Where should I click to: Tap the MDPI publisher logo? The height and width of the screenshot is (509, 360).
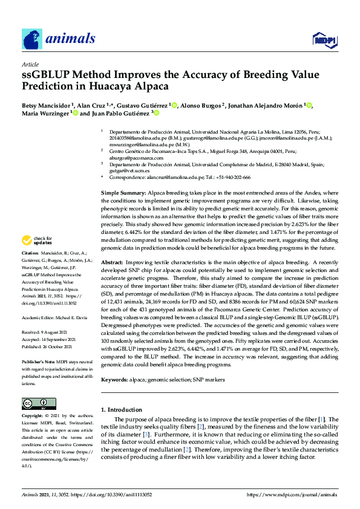[x=324, y=41]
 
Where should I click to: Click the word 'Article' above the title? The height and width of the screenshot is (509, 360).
[x=30, y=64]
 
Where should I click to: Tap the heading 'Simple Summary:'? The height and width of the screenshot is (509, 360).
[x=122, y=192]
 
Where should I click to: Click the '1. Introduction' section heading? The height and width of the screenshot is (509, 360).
[x=123, y=410]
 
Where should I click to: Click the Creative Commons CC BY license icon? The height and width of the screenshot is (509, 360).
[x=36, y=404]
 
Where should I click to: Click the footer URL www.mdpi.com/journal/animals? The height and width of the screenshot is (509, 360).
[x=291, y=494]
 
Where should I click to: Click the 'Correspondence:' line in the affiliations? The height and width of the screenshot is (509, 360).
[x=175, y=177]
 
